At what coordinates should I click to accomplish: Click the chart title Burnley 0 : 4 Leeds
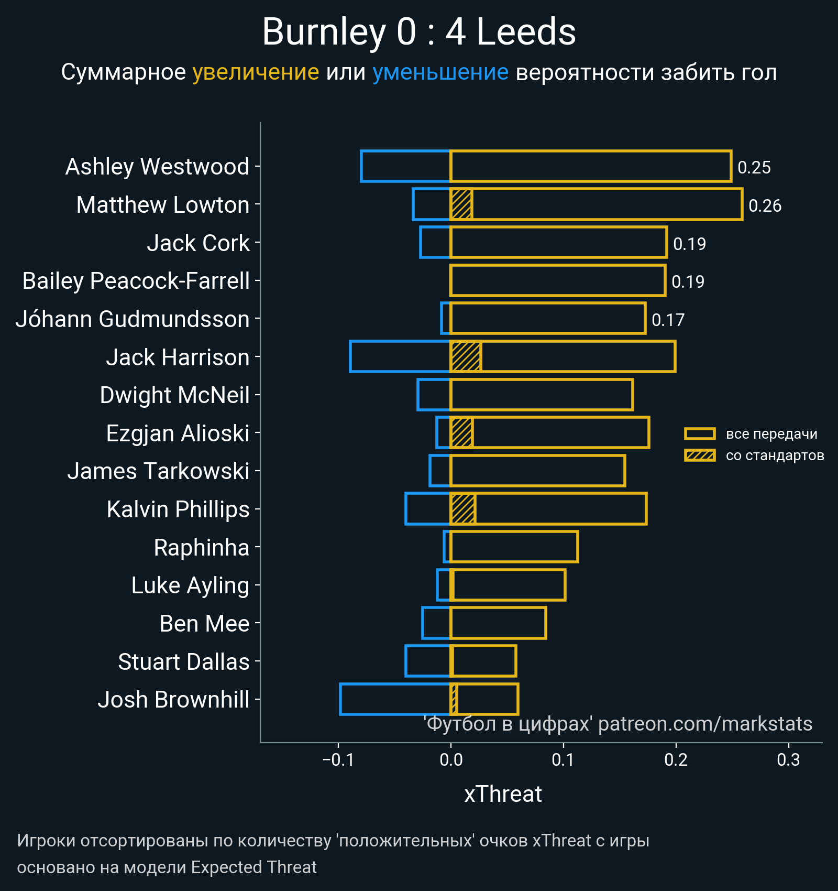418,32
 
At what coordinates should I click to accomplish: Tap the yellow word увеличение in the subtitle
256,72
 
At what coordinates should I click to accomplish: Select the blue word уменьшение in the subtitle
440,72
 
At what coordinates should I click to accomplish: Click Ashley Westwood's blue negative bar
405,166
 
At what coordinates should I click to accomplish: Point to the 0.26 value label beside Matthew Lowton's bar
765,205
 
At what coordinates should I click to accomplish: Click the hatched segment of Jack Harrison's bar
466,356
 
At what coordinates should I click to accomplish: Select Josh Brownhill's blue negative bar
395,699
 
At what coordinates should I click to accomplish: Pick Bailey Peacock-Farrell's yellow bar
558,280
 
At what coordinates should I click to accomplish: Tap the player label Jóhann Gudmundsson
133,319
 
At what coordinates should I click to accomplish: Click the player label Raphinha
201,548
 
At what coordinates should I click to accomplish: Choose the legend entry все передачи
771,434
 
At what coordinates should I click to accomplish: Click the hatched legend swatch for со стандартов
700,455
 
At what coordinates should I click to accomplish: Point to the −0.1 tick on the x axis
338,760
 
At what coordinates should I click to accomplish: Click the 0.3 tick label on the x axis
788,760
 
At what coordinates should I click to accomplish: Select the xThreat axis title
503,794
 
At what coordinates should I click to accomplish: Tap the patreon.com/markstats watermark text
705,724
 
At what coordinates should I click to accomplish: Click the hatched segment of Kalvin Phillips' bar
463,509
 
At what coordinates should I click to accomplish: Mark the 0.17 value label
668,320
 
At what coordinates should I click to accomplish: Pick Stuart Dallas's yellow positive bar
483,661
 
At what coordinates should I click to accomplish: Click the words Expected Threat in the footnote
253,867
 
